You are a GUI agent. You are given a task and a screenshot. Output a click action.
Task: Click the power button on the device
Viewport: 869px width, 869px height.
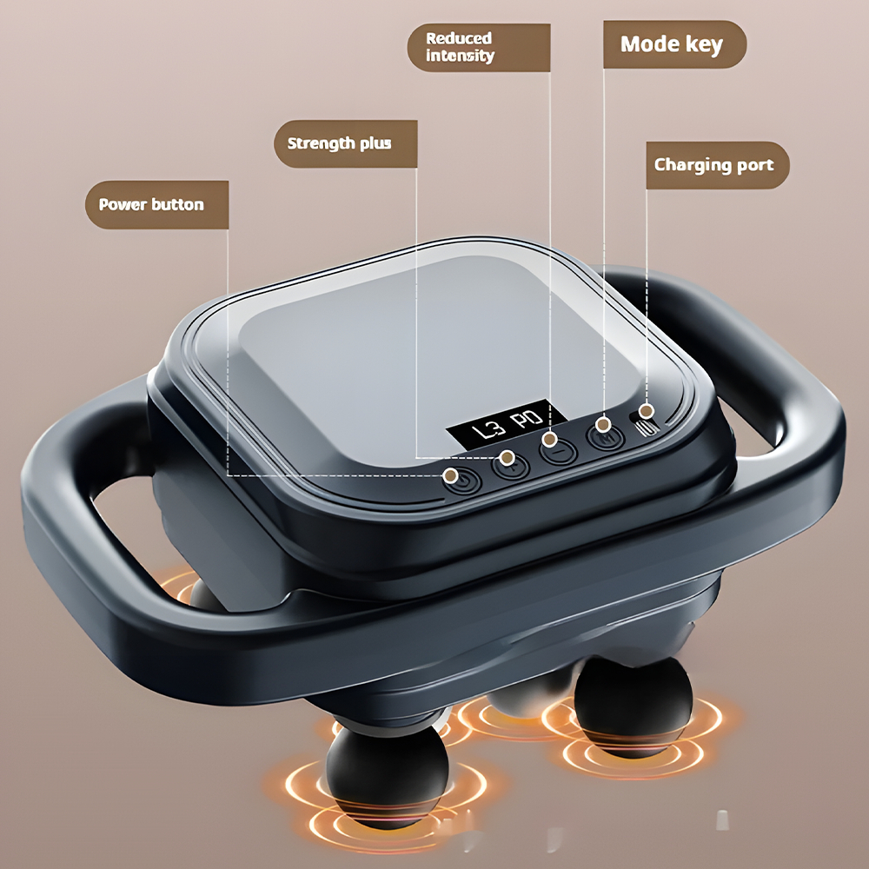point(461,481)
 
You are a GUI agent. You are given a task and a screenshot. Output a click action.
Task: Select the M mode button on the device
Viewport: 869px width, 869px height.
point(606,436)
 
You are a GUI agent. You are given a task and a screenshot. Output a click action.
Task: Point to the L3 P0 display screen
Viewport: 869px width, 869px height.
point(506,426)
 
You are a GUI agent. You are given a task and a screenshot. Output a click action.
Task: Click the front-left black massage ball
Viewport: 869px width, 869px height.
point(387,776)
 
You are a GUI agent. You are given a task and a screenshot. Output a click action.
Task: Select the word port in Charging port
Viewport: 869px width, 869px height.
point(754,166)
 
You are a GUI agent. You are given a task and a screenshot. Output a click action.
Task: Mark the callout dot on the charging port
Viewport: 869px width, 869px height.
point(647,411)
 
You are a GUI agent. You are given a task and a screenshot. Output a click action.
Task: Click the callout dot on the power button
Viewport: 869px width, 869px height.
point(451,475)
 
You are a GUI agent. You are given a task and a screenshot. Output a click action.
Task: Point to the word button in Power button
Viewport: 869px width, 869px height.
point(178,204)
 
